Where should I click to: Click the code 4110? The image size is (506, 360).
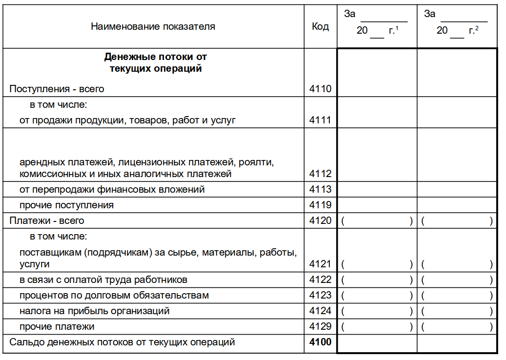[320, 89]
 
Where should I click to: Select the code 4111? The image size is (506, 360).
[320, 120]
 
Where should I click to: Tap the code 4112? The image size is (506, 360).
[320, 174]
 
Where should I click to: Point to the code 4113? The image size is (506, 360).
[320, 189]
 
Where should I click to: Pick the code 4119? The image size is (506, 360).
[320, 205]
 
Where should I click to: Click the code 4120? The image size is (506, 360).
[320, 220]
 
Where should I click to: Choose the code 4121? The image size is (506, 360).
[320, 264]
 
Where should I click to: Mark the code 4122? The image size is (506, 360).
[320, 280]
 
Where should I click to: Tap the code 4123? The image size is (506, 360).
[320, 295]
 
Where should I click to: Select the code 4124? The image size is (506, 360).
[320, 311]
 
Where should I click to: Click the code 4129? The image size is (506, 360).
[320, 326]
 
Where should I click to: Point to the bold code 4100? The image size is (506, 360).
[320, 342]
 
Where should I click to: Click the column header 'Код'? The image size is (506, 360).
[320, 26]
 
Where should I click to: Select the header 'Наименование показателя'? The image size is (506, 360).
[153, 26]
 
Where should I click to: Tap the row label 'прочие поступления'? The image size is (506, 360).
[66, 205]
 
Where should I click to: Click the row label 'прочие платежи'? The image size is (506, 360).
[57, 326]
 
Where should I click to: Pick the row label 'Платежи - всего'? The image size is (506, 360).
[47, 220]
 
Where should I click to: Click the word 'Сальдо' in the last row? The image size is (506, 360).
[27, 342]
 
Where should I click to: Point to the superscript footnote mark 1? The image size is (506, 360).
[397, 28]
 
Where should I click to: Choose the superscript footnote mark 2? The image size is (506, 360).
[477, 28]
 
